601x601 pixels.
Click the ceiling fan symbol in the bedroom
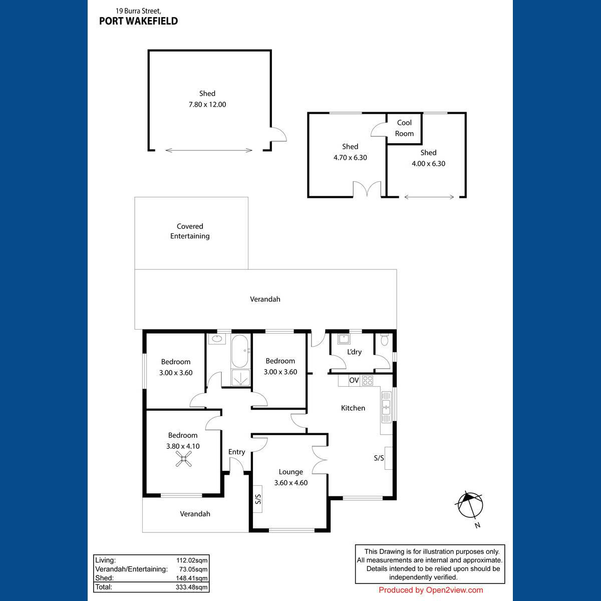183,459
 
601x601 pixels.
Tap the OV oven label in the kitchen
354,380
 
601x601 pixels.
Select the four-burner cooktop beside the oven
368,380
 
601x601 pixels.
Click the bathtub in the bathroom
240,351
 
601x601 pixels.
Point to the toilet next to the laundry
385,340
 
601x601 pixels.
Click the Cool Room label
404,128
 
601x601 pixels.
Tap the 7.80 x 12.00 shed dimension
207,105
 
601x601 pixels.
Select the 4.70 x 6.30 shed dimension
350,157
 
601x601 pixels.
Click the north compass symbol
470,505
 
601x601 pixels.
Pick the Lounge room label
290,472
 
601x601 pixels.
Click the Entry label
236,452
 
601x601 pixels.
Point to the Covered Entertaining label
190,231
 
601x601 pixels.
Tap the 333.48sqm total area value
191,587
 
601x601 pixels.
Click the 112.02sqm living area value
192,560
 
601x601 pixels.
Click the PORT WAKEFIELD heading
138,21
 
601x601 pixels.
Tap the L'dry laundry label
354,352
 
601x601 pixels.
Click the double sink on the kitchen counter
386,407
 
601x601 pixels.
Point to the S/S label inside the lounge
258,499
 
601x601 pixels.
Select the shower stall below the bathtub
240,378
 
